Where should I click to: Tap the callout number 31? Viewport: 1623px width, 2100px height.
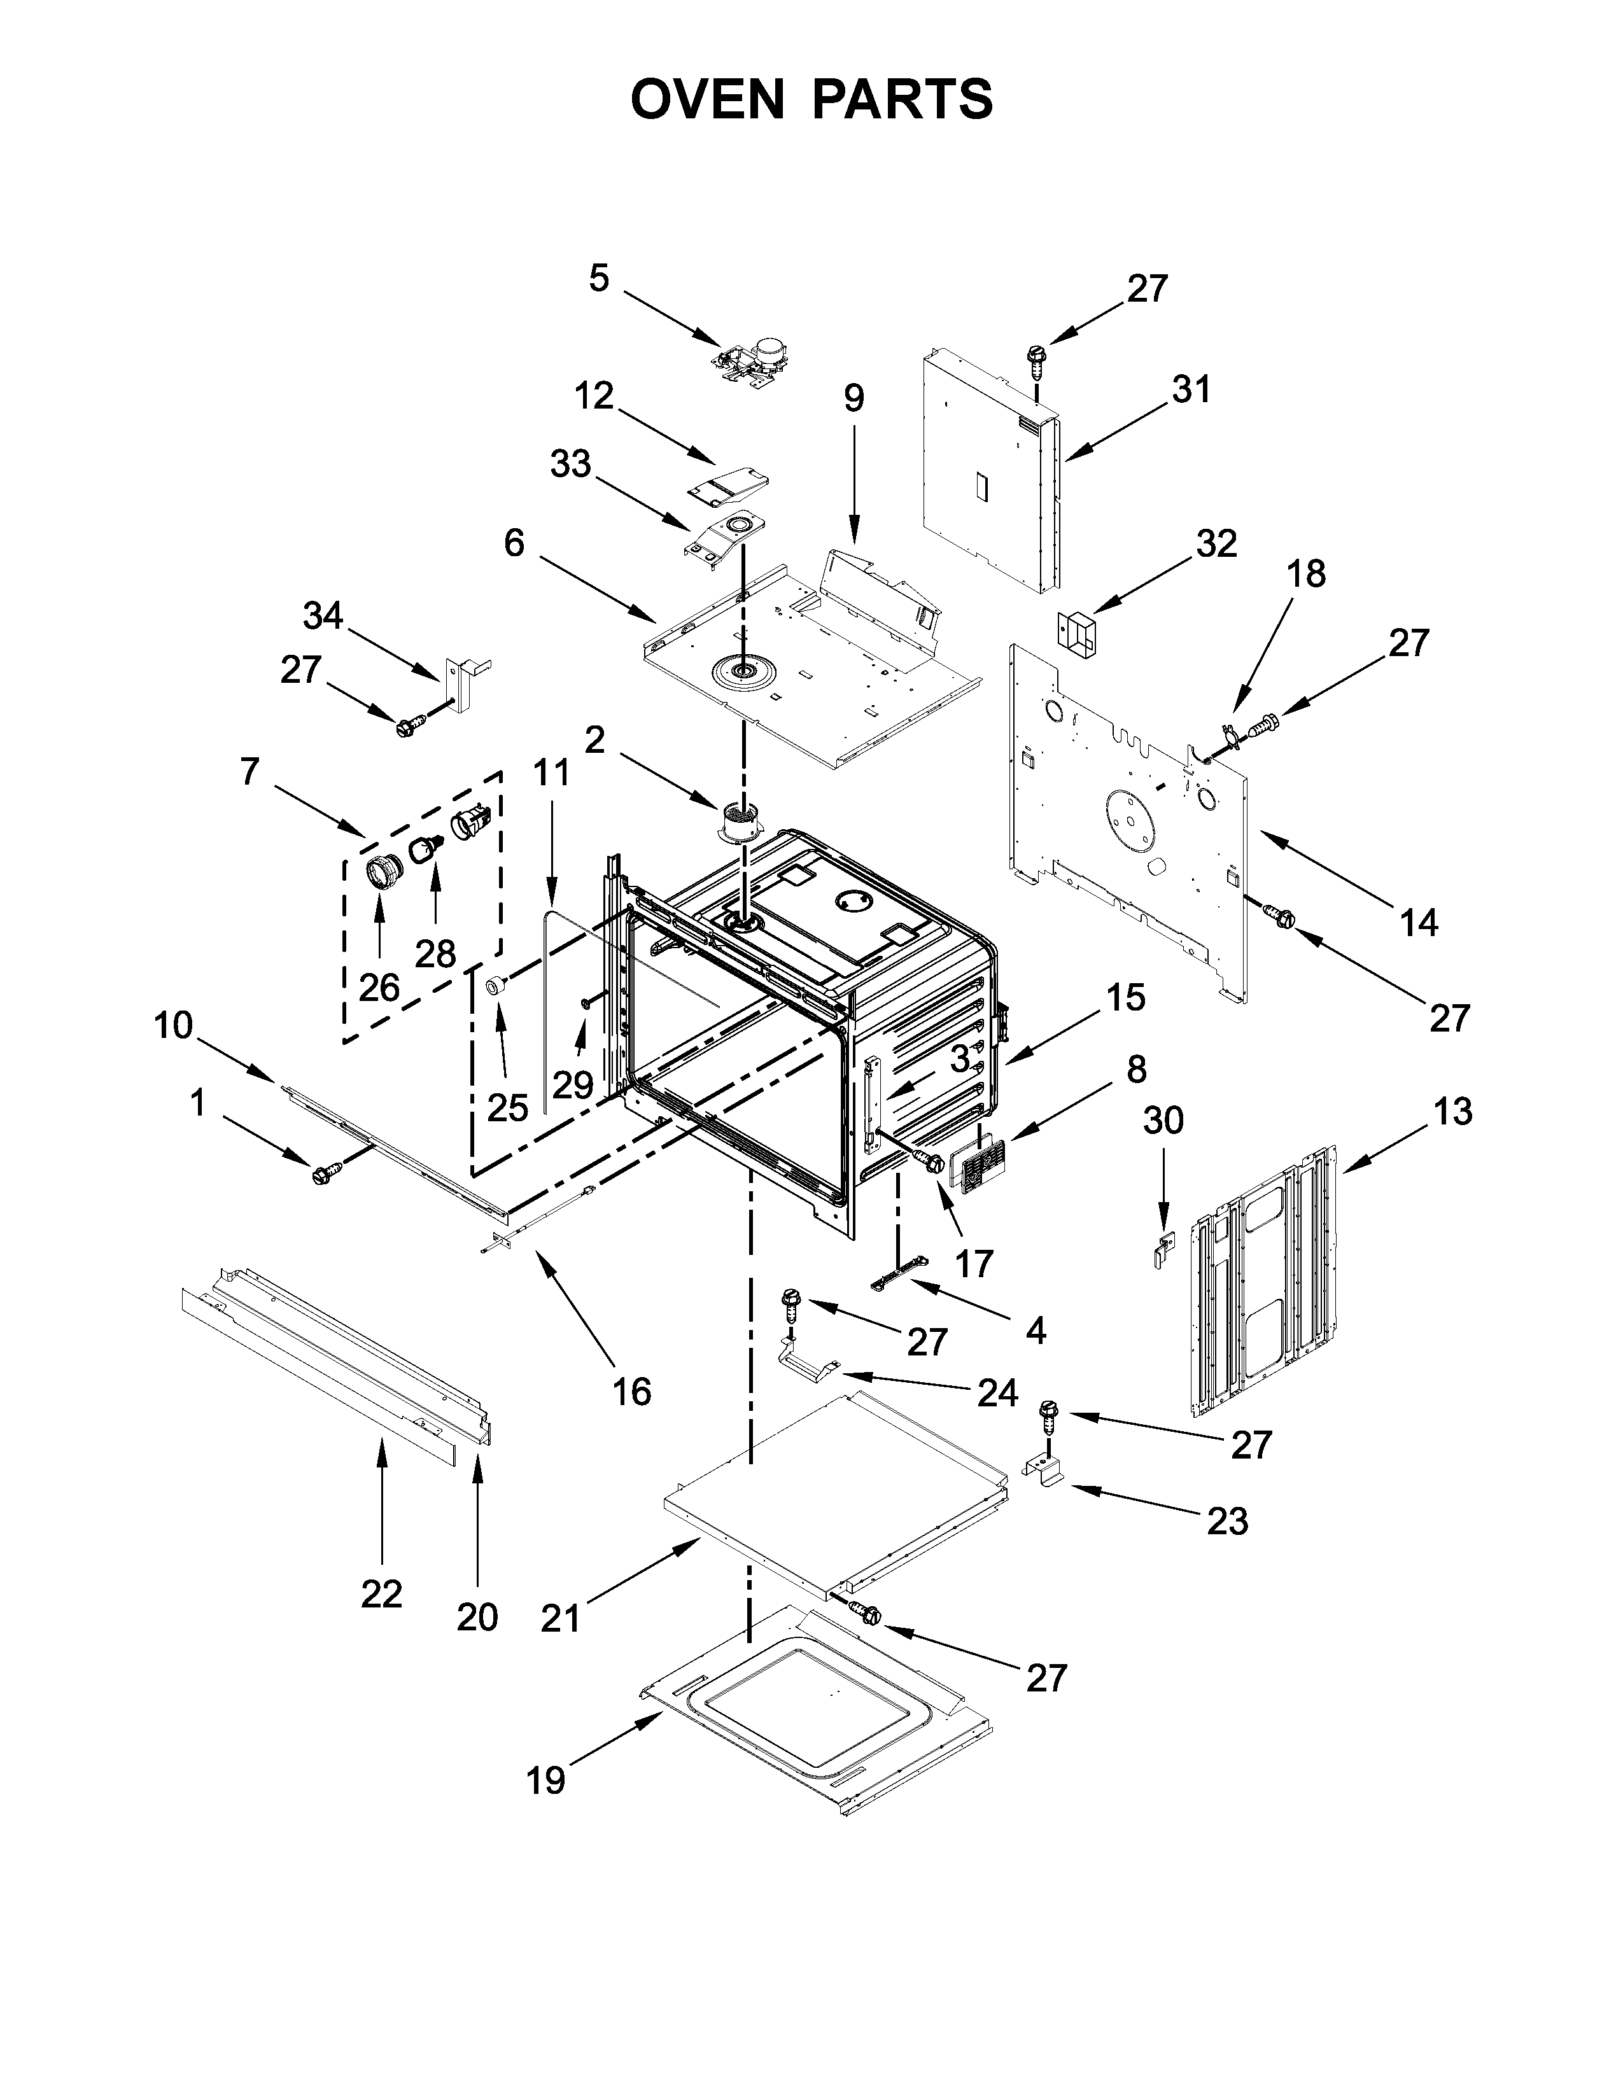coord(1191,389)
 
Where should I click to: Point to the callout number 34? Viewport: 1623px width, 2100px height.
coord(323,615)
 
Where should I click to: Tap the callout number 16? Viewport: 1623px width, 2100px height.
coord(632,1390)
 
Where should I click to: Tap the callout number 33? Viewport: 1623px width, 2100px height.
coord(570,465)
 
